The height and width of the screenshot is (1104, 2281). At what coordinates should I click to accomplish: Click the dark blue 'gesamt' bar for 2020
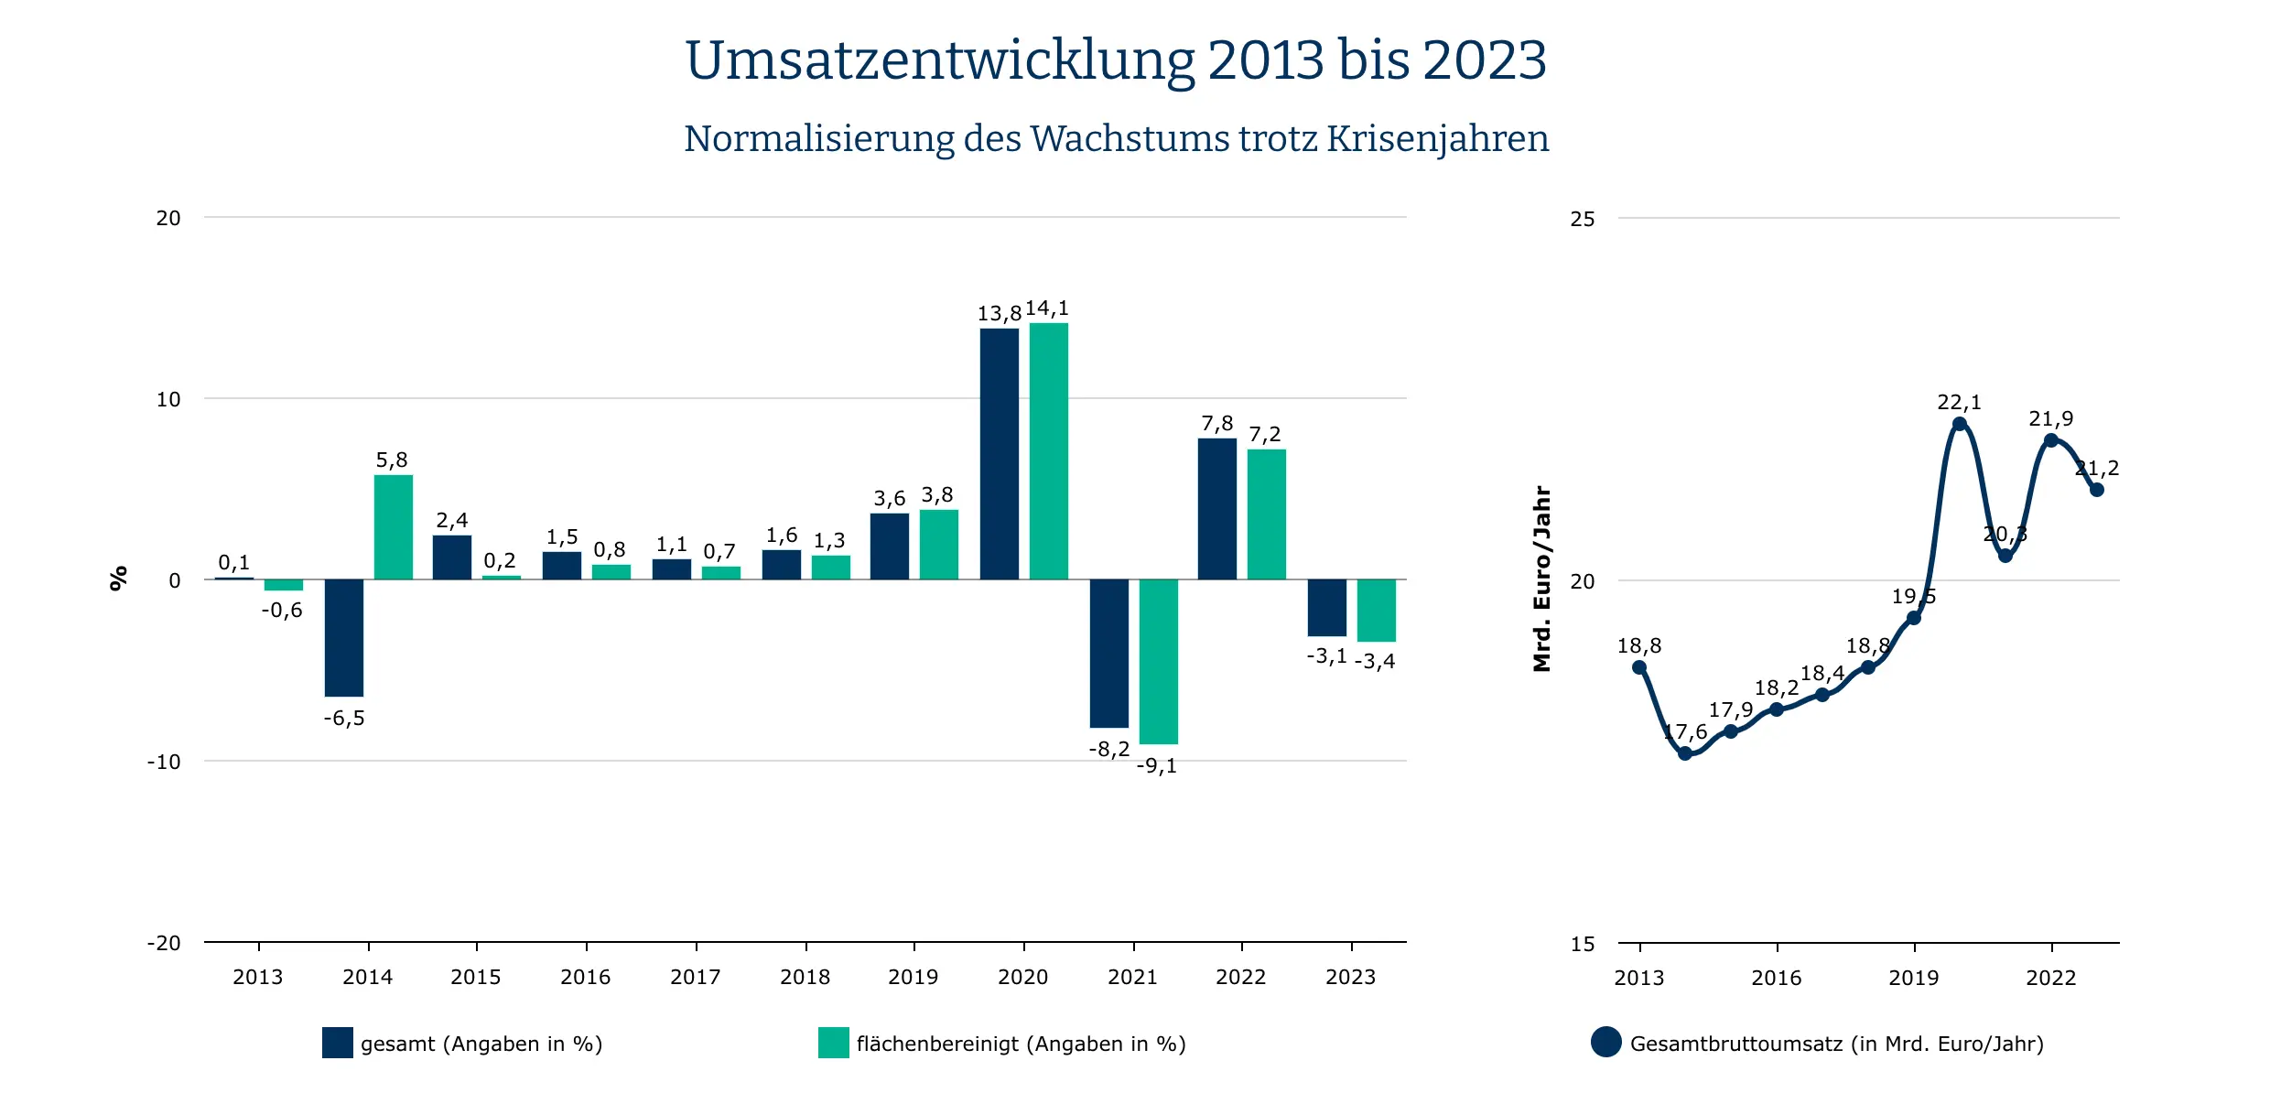click(999, 454)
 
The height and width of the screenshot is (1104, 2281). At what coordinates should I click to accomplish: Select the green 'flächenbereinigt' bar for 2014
click(394, 527)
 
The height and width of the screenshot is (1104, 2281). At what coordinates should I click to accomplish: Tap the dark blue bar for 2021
click(1108, 654)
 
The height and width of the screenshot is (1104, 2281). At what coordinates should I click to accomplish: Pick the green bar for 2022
click(1266, 514)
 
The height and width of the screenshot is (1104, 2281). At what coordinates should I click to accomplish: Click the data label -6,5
click(344, 719)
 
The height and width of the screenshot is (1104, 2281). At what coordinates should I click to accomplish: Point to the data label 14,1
click(1047, 308)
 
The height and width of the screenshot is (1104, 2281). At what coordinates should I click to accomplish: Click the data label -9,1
click(1157, 766)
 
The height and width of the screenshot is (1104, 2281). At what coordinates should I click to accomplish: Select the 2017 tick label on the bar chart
click(696, 977)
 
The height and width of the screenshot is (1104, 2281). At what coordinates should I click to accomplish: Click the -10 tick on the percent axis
click(165, 762)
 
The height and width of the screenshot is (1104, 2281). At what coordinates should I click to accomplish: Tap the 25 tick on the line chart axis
click(1582, 219)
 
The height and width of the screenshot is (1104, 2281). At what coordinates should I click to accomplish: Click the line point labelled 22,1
click(1959, 424)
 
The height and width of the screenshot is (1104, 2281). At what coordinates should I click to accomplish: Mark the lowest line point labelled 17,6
click(1685, 753)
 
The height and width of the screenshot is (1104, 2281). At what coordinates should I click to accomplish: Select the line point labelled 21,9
click(2051, 440)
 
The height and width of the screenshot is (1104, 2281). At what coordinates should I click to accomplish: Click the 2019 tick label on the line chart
click(1914, 978)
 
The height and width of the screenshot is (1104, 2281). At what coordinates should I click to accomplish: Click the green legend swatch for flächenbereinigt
click(833, 1043)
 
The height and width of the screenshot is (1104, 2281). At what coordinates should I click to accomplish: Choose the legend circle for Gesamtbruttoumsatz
click(1605, 1042)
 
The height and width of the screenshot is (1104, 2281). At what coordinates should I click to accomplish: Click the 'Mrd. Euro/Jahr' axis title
click(1542, 579)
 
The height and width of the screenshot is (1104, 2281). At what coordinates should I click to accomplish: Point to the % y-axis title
click(118, 579)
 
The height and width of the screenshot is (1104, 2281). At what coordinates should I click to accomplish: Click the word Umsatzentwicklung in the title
click(940, 60)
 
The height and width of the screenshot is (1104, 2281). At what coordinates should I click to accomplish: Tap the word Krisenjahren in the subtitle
click(1437, 139)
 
